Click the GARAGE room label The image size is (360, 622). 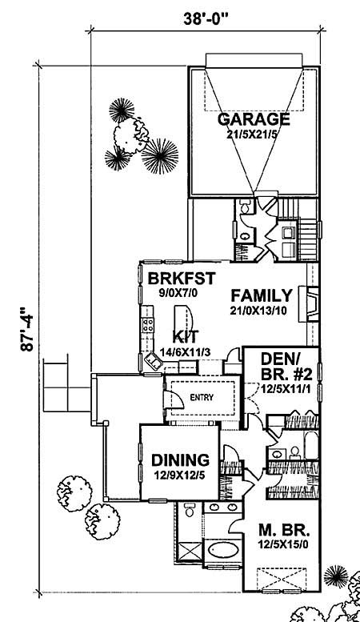(x=253, y=119)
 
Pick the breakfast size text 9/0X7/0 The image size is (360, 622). (x=169, y=293)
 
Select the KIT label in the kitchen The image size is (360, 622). (x=186, y=336)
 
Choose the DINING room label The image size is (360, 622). (x=181, y=460)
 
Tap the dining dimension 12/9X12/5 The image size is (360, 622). (x=181, y=474)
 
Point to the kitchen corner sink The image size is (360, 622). (x=152, y=363)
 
